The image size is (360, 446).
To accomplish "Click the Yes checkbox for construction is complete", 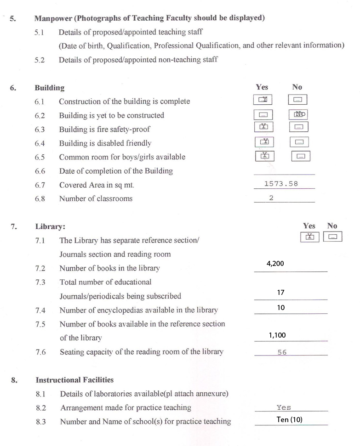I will coord(263,100).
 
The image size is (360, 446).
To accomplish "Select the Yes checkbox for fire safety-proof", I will coord(263,127).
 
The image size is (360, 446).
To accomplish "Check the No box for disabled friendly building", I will coord(299,142).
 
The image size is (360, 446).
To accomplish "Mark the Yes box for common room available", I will coord(264,156).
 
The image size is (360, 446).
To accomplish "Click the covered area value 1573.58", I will coord(281,184).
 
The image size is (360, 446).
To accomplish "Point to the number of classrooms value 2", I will coord(271,198).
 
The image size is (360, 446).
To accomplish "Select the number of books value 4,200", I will coord(275,264).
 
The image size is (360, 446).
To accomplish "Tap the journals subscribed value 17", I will coord(281,293).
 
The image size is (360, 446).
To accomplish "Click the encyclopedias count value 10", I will coord(281,308).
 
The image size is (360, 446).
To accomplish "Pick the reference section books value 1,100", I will coord(277,335).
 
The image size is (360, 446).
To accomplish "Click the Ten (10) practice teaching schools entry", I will coord(290,419).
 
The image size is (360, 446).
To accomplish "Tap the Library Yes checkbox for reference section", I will coord(310,237).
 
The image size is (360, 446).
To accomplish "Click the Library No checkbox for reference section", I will coord(333,237).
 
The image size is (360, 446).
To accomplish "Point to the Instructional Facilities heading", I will coord(74,380).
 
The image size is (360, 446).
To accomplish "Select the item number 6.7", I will coord(40,185).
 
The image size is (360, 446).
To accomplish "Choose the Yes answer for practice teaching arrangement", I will coord(284,407).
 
